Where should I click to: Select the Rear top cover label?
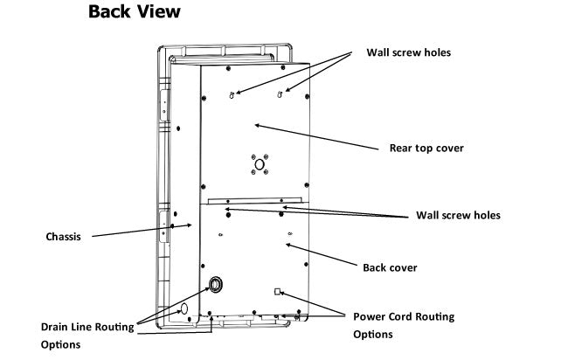point(426,149)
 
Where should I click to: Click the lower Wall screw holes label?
point(458,214)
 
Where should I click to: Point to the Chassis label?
point(62,237)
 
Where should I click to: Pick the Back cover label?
point(390,267)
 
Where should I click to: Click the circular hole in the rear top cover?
point(258,164)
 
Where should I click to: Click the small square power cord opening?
point(279,291)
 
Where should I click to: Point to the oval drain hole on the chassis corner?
point(184,309)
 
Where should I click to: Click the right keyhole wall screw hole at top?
point(279,93)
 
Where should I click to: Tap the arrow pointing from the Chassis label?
point(131,231)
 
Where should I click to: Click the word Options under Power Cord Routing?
point(372,334)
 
